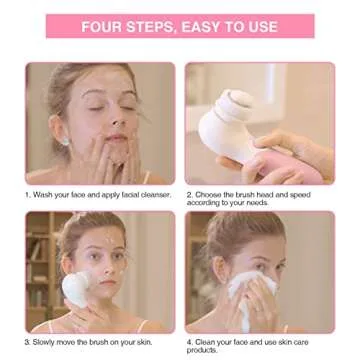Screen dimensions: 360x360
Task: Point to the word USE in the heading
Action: (x=262, y=26)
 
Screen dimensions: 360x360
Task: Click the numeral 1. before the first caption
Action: (x=29, y=194)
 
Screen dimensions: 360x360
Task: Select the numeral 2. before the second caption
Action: (x=190, y=194)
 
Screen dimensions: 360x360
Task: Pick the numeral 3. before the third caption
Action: (x=29, y=342)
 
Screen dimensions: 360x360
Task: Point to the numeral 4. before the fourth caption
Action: (x=190, y=342)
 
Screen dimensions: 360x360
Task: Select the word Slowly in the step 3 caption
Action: (x=47, y=342)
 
